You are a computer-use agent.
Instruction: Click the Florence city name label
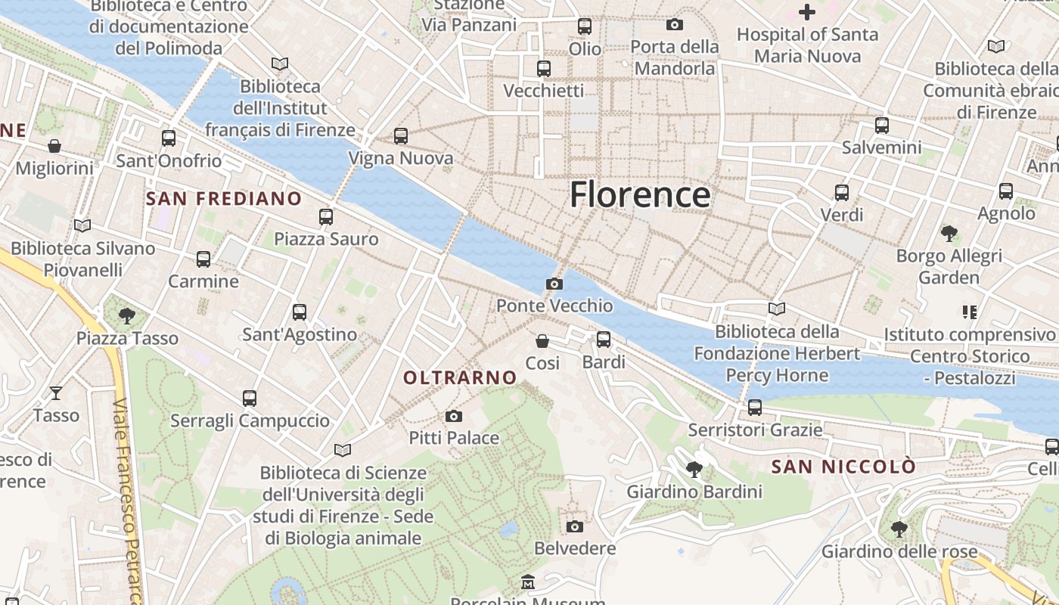pyautogui.click(x=640, y=194)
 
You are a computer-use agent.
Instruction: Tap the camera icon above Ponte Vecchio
pyautogui.click(x=554, y=284)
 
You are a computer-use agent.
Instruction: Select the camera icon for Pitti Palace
pyautogui.click(x=454, y=416)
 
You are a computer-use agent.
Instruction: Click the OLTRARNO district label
pyautogui.click(x=460, y=377)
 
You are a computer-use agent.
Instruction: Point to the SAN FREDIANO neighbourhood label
pyautogui.click(x=224, y=199)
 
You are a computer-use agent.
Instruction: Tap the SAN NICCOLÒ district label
pyautogui.click(x=843, y=467)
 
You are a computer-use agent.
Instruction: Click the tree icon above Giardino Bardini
pyautogui.click(x=694, y=470)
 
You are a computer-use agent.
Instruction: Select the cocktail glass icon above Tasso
pyautogui.click(x=56, y=392)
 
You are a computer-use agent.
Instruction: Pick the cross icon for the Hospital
pyautogui.click(x=807, y=12)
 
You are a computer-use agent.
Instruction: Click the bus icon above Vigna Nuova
pyautogui.click(x=401, y=136)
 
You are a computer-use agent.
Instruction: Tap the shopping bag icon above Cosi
pyautogui.click(x=542, y=341)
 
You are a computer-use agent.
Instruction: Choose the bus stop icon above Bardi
pyautogui.click(x=603, y=340)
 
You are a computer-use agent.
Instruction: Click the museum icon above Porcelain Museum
pyautogui.click(x=528, y=582)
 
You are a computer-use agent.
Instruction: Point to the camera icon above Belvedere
pyautogui.click(x=575, y=526)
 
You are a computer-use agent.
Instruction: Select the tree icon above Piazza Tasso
pyautogui.click(x=127, y=315)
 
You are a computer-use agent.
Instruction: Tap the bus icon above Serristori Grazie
pyautogui.click(x=754, y=408)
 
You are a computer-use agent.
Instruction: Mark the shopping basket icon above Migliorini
pyautogui.click(x=54, y=146)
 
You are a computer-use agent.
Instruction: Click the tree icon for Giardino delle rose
pyautogui.click(x=899, y=529)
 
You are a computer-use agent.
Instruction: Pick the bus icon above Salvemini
pyautogui.click(x=881, y=126)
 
